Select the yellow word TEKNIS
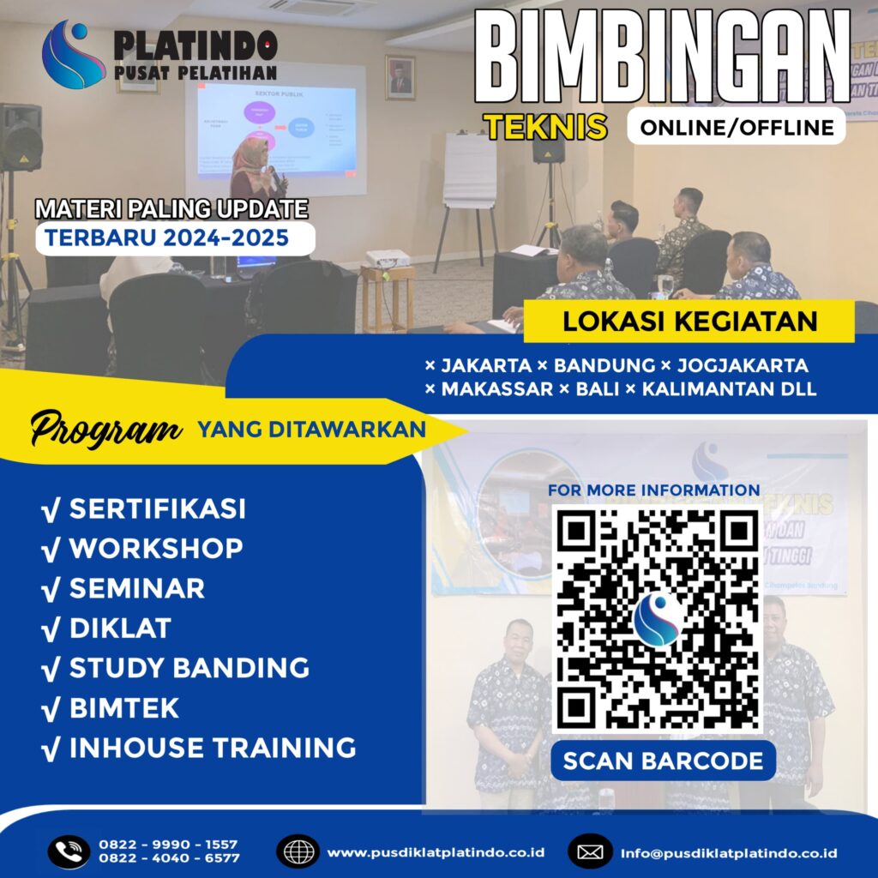tap(545, 127)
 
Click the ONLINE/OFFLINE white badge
tap(736, 127)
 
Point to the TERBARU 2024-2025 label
tap(167, 237)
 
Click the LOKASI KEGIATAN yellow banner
tap(689, 322)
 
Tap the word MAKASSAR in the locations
tap(496, 388)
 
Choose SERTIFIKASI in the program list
tap(157, 508)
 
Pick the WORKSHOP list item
tap(155, 548)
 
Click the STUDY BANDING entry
tap(189, 667)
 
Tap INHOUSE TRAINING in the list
tap(212, 747)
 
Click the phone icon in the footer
tap(68, 851)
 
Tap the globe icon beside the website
tap(298, 851)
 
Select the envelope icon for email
tap(590, 852)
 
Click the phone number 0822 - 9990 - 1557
tap(168, 844)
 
